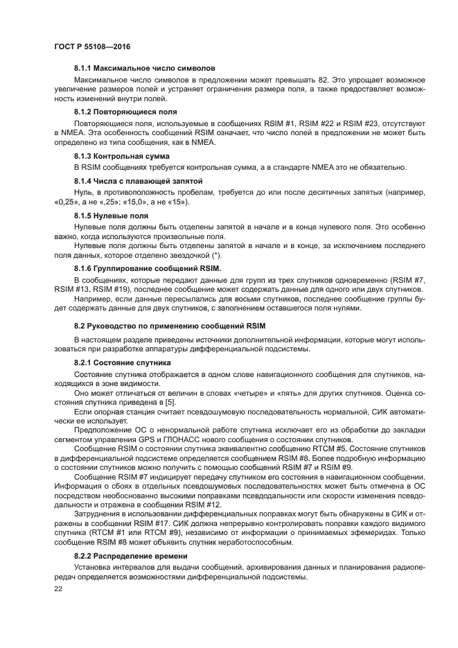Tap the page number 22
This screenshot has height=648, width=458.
58,588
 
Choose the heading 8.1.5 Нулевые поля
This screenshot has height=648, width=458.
109,215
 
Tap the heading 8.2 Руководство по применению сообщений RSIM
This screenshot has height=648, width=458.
170,325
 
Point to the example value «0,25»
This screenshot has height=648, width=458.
67,202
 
